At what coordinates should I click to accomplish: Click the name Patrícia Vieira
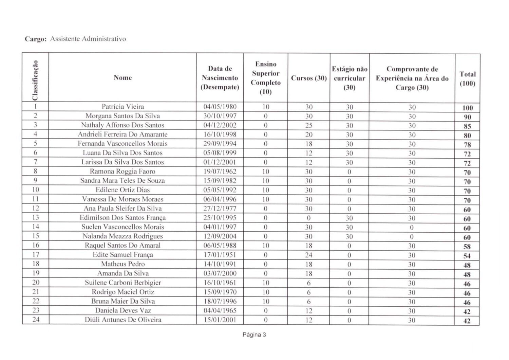pos(122,107)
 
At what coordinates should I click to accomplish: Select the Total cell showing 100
pos(467,108)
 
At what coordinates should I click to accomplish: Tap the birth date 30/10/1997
pos(220,116)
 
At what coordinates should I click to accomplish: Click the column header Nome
pos(122,78)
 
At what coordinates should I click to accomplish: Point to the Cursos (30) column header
pos(308,78)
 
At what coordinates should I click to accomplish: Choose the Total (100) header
pos(467,79)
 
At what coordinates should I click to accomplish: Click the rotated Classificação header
pos(35,80)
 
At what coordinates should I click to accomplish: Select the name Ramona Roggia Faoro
pos(122,172)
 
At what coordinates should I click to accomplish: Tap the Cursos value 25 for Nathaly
pos(308,125)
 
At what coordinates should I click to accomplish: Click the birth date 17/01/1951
pos(220,255)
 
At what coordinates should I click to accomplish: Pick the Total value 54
pos(467,256)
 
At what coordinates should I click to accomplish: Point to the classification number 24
pos(36,320)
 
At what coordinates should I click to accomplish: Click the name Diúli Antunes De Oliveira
pos(122,320)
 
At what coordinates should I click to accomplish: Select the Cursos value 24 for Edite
pos(308,255)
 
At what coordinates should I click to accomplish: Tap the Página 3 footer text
pos(254,335)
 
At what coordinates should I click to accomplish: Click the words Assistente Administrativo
pos(88,39)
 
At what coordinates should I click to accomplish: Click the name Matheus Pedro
pos(122,264)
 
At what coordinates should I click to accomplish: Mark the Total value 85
pos(467,126)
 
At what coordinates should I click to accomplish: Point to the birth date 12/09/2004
pos(220,236)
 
